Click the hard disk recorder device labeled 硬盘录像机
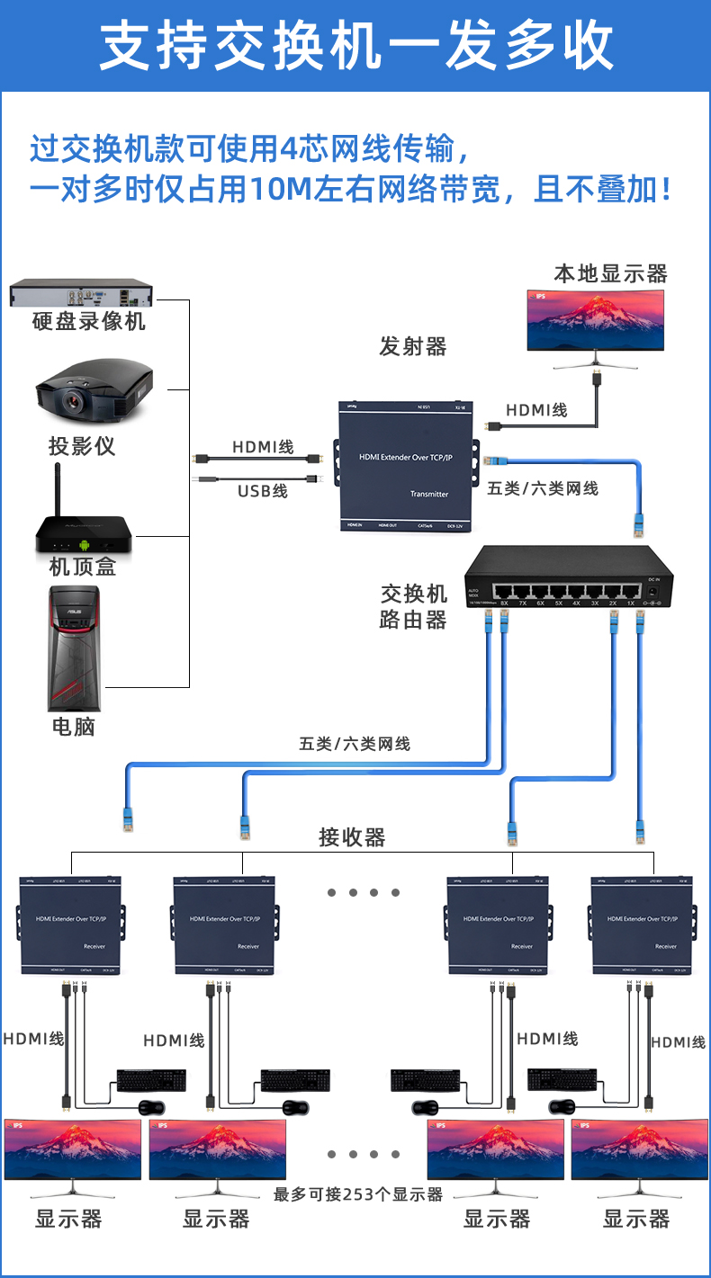pyautogui.click(x=81, y=294)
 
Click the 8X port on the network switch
pyautogui.click(x=504, y=593)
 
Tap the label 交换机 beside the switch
pyautogui.click(x=414, y=594)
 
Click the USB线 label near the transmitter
pyautogui.click(x=262, y=491)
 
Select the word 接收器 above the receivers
pyautogui.click(x=352, y=838)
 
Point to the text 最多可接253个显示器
pyautogui.click(x=358, y=1194)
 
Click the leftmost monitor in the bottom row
pyautogui.click(x=72, y=1150)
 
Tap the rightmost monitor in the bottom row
pyautogui.click(x=639, y=1150)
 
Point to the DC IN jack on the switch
pyautogui.click(x=654, y=592)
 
